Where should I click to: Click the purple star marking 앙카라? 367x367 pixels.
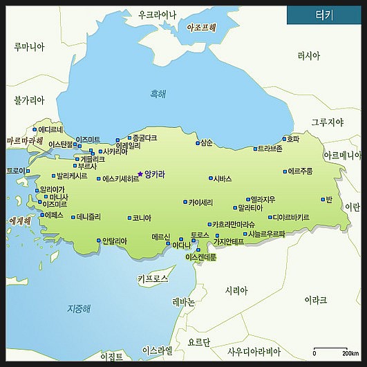(140, 174)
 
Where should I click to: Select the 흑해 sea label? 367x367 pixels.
(159, 94)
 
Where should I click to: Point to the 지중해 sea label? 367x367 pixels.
(79, 308)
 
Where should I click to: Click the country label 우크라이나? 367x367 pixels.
(158, 14)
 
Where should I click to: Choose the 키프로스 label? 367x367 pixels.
(153, 279)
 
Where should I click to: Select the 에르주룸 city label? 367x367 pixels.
(301, 171)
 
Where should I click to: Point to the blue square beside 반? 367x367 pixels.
(322, 199)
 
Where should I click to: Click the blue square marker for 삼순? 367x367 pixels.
(196, 144)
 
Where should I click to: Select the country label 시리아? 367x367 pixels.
(236, 291)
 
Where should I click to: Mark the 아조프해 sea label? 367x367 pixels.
(202, 28)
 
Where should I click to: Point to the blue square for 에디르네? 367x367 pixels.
(35, 129)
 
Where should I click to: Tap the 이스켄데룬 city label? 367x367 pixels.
(201, 257)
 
